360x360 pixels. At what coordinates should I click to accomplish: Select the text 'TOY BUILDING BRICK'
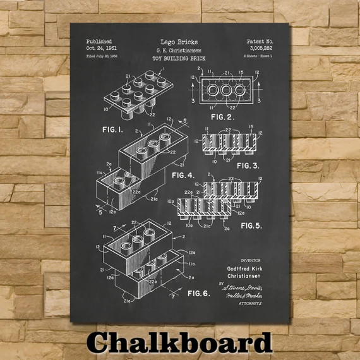[180, 58]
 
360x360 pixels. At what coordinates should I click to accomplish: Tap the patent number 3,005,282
[261, 48]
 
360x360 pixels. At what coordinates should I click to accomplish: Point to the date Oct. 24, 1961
[102, 48]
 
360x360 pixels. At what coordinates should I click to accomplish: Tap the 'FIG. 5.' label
[251, 225]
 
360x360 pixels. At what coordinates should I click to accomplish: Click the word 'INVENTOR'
[250, 260]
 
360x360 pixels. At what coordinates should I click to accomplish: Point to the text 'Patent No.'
[260, 41]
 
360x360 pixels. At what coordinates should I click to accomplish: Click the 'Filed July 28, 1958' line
[102, 57]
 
